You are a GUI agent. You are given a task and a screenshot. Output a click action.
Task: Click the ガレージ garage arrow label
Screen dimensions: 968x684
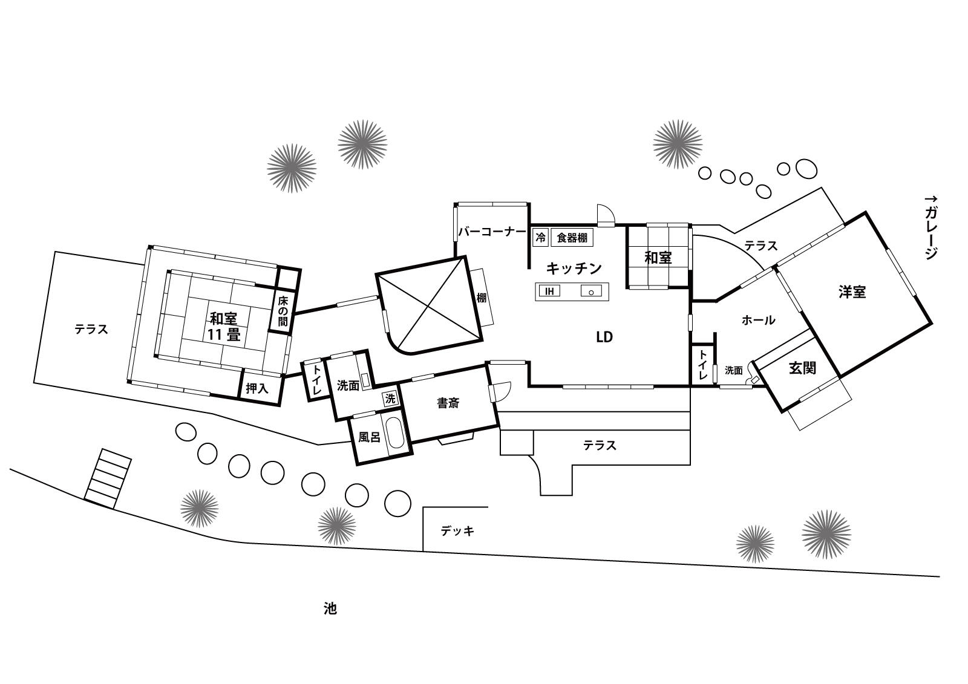(x=931, y=227)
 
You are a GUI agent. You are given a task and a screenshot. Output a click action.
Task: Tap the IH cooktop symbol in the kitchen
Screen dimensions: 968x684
(x=549, y=292)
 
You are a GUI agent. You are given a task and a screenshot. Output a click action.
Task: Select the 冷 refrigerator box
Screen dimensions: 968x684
(x=541, y=237)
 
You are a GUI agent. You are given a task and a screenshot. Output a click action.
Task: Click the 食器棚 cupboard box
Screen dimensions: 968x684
(x=572, y=237)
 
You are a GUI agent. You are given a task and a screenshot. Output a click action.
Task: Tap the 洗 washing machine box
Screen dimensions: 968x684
(x=390, y=399)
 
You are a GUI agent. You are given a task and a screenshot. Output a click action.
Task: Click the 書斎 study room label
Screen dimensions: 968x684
(x=448, y=403)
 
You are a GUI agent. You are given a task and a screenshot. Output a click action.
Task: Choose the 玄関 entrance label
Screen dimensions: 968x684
(x=802, y=368)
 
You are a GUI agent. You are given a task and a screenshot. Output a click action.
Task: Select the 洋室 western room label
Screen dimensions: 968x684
(x=852, y=292)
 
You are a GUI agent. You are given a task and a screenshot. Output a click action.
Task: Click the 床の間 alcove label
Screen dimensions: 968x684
(x=283, y=311)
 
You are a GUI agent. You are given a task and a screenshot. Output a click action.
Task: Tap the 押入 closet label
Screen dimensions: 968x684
(x=257, y=388)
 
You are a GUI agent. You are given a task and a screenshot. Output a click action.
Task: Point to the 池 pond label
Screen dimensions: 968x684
(x=330, y=609)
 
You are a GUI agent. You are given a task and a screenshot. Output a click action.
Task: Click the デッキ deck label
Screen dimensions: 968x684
(x=457, y=530)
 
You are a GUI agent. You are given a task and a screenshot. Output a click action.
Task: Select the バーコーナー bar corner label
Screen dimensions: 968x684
(x=492, y=232)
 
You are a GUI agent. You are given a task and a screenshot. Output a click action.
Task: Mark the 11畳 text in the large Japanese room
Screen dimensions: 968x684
(x=223, y=335)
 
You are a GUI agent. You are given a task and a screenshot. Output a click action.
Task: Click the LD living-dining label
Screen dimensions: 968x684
(x=604, y=337)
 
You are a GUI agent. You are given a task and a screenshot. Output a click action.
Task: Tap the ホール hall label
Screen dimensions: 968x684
(x=759, y=320)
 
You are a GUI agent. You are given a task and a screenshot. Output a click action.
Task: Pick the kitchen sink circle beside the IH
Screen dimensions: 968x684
(x=591, y=293)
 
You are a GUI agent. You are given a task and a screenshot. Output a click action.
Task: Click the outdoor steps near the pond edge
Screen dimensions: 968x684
(x=108, y=479)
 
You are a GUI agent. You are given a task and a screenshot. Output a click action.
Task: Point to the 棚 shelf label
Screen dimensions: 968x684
(x=482, y=298)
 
